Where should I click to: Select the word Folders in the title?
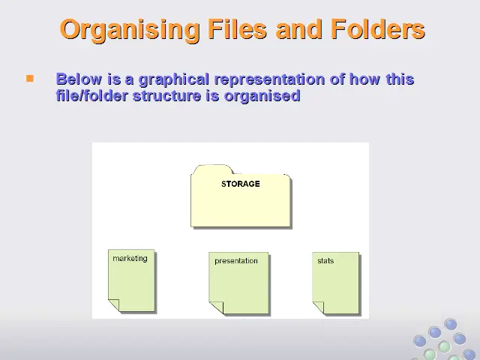(x=378, y=29)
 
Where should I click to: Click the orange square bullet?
(x=30, y=79)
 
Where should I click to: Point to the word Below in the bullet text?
(x=79, y=79)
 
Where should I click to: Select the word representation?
(x=270, y=79)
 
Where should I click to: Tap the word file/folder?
(x=91, y=95)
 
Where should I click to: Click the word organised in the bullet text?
(x=262, y=96)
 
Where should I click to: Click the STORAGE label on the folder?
(x=241, y=184)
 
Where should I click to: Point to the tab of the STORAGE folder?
(x=213, y=169)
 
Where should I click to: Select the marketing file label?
(x=130, y=259)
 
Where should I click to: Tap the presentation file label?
(x=236, y=261)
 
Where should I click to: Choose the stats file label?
(x=325, y=261)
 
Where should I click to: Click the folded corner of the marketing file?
(x=114, y=304)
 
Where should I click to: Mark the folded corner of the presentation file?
(x=216, y=307)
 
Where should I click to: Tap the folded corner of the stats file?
(x=318, y=307)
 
